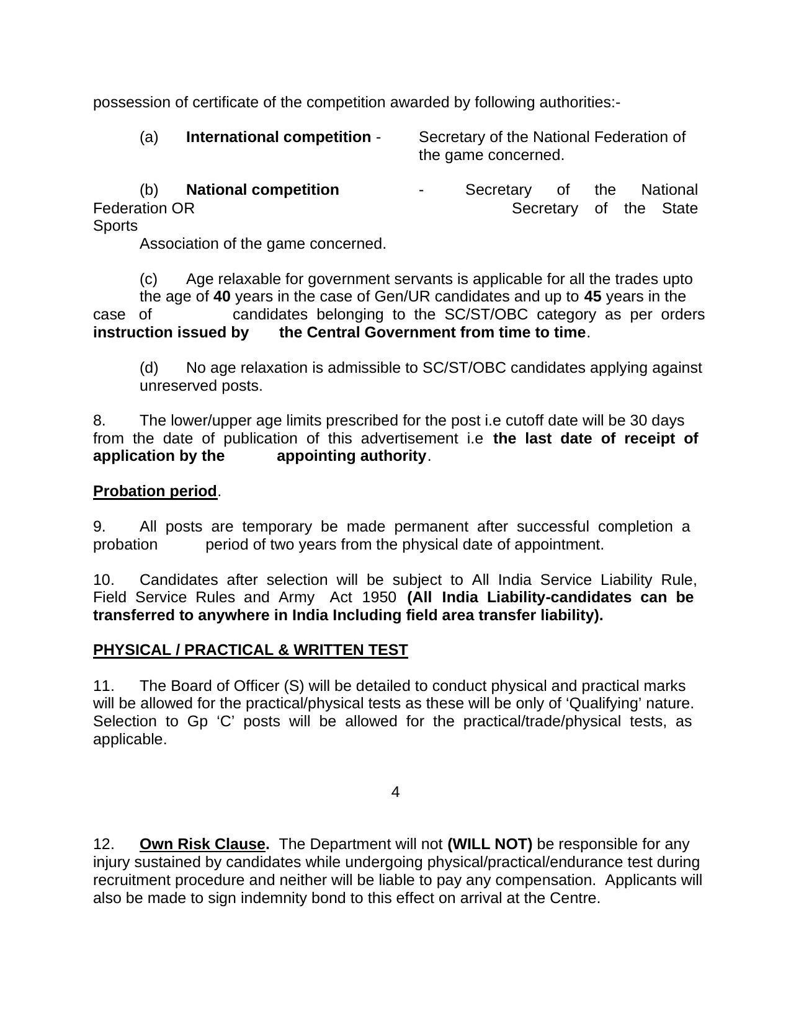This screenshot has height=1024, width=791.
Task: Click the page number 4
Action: tap(395, 792)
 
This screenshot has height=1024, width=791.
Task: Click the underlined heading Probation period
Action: tap(154, 491)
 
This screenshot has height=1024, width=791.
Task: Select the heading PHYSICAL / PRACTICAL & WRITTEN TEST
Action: tap(250, 650)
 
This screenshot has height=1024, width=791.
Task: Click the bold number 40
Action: tap(221, 296)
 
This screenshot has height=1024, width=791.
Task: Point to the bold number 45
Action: tap(592, 296)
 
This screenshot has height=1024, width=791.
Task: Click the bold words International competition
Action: tap(278, 137)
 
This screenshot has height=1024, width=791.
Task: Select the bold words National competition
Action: tap(262, 190)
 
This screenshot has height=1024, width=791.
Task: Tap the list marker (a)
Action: tap(149, 137)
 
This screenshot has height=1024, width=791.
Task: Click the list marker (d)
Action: tap(149, 368)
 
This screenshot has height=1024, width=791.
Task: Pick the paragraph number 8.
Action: tap(99, 421)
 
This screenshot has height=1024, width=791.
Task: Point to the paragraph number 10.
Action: tap(104, 580)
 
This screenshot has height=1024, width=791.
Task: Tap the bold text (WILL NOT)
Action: tap(489, 844)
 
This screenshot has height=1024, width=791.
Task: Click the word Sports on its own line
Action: tap(115, 226)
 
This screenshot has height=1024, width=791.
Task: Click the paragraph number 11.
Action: tap(103, 686)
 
